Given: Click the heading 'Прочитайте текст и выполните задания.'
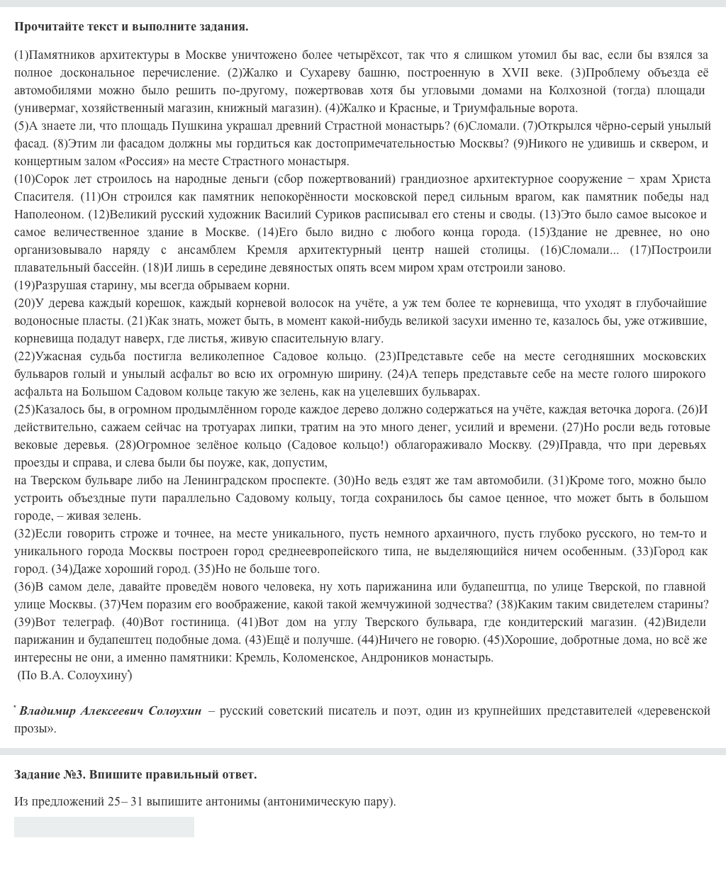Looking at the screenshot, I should [131, 27].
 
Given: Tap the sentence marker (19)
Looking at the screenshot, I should [24, 285].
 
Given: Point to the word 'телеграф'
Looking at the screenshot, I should [90, 622].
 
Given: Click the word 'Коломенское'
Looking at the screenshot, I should [322, 657].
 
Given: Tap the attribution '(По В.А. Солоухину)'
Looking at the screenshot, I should [74, 675].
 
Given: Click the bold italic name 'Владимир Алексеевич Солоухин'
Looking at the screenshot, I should [111, 710].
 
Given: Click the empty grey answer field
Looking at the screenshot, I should [104, 827].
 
